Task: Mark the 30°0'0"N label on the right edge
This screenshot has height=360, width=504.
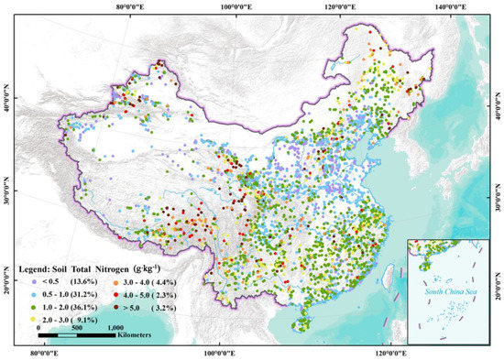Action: pyautogui.click(x=497, y=199)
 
